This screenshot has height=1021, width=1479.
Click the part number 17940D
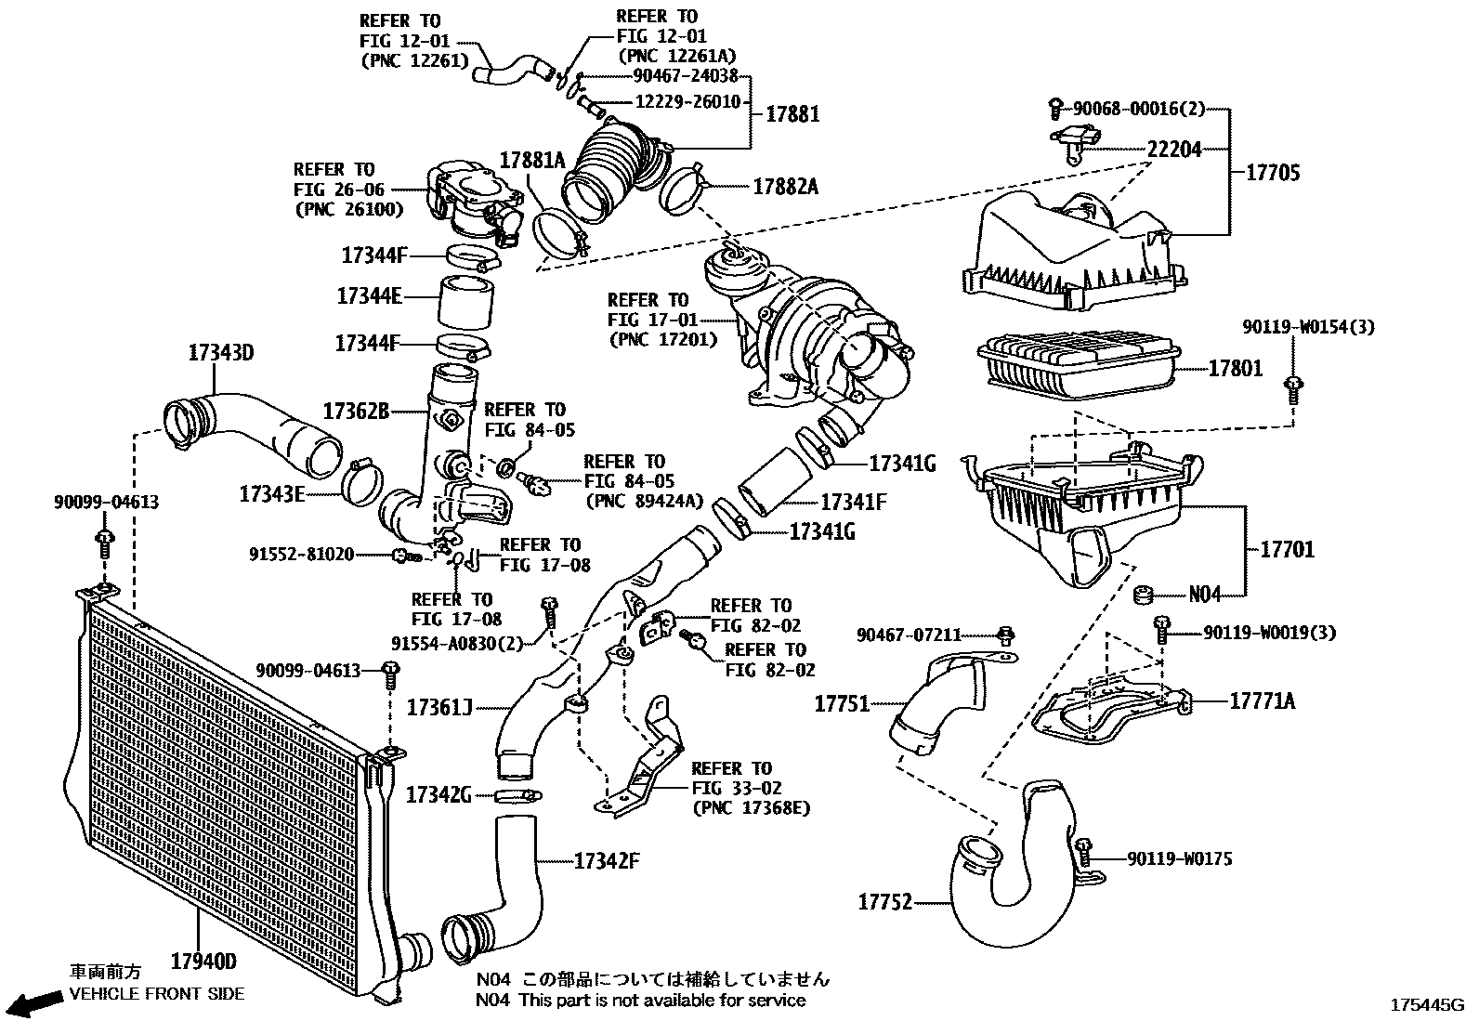[203, 960]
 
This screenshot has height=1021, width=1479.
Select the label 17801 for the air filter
[1235, 369]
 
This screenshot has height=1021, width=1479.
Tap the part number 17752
[884, 901]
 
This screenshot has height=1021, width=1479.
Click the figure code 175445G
[1426, 1005]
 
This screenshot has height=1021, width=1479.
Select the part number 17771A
[1262, 700]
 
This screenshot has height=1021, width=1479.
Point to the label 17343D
[221, 353]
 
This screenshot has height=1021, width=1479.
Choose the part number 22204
[1174, 149]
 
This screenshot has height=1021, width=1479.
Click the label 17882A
[785, 187]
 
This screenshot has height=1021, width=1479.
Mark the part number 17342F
[607, 860]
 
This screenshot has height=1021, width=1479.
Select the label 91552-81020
[301, 555]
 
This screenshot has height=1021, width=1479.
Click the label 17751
[842, 703]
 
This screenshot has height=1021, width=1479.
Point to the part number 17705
[1272, 173]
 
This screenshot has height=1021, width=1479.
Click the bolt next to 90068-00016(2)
[1055, 109]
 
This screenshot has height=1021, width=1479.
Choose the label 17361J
[439, 708]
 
